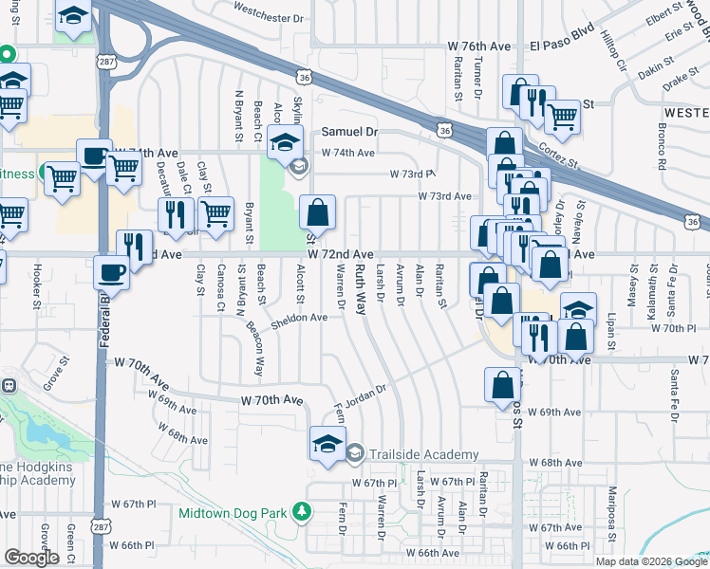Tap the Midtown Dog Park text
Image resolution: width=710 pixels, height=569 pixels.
233,513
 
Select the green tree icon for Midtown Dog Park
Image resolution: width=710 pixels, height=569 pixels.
302,512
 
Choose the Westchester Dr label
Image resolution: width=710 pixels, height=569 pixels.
268,18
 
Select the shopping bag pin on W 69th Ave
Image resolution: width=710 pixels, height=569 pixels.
502,385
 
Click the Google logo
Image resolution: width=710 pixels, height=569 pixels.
31,558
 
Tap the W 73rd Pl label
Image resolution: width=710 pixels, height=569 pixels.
412,174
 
